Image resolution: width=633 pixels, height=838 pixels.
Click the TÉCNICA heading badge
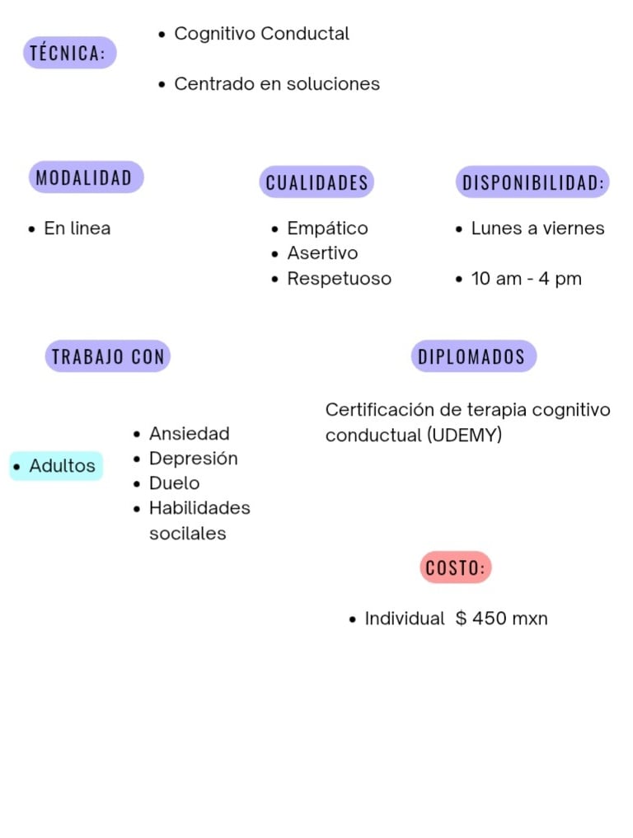[x=69, y=53]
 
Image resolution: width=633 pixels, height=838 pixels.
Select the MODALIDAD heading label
[x=85, y=177]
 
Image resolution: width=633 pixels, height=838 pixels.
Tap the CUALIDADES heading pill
[x=316, y=182]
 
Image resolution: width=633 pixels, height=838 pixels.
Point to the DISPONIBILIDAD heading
[x=532, y=182]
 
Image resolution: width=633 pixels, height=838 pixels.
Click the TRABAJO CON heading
[x=108, y=356]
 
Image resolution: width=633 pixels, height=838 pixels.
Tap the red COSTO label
[x=455, y=567]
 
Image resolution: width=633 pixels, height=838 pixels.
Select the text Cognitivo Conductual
[x=261, y=34]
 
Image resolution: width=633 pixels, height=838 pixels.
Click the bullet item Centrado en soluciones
[x=277, y=84]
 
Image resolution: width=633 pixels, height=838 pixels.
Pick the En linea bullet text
[x=77, y=228]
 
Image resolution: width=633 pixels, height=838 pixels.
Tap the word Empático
[x=327, y=228]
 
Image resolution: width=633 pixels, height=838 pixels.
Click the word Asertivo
[x=322, y=253]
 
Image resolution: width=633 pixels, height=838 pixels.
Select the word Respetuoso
[x=339, y=279]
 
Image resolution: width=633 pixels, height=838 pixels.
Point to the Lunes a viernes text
[x=537, y=228]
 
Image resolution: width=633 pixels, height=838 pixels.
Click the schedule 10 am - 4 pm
[x=526, y=279]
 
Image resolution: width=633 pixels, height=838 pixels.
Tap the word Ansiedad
[x=189, y=434]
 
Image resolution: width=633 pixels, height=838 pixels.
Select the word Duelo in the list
[x=174, y=483]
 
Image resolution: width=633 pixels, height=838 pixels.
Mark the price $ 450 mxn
[x=501, y=619]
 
